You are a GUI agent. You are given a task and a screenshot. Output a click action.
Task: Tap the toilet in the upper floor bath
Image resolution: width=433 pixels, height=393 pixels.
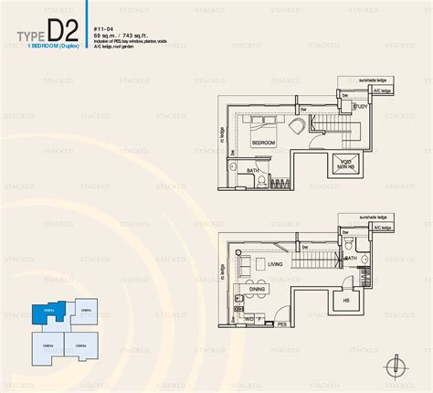point(260,178)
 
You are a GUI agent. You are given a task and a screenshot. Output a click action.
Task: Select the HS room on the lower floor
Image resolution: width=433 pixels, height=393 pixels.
point(346,298)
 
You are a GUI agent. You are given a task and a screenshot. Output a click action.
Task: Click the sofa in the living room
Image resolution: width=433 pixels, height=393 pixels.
point(243,265)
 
